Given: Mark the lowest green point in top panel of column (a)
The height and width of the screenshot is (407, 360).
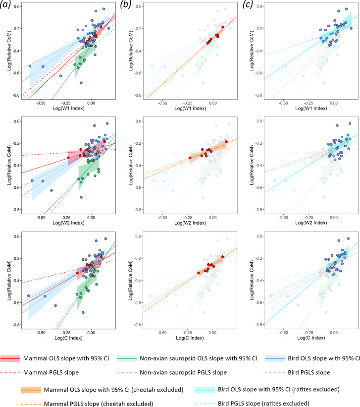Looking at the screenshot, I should click(81, 82).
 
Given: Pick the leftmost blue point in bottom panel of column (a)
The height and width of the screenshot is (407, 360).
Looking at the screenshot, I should click(28, 295).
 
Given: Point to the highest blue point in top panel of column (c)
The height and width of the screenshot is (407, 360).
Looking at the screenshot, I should click(346, 9).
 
